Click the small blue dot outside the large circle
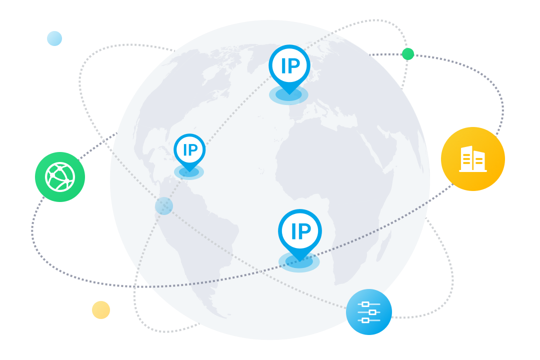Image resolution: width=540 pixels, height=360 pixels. pyautogui.click(x=54, y=38)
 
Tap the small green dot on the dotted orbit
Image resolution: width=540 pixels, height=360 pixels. pyautogui.click(x=408, y=54)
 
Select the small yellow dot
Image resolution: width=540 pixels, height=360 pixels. pyautogui.click(x=101, y=310)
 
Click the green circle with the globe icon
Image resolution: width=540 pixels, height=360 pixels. pyautogui.click(x=60, y=177)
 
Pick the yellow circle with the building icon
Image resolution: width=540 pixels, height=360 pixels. pyautogui.click(x=473, y=159)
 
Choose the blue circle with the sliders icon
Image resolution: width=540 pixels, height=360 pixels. pyautogui.click(x=369, y=312)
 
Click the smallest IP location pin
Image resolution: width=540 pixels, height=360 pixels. pyautogui.click(x=189, y=150)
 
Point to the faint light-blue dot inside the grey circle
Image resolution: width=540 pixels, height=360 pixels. pyautogui.click(x=164, y=206)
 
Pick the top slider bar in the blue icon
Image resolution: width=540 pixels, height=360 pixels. pyautogui.click(x=368, y=304)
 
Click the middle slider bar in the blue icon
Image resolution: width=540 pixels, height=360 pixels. pyautogui.click(x=369, y=312)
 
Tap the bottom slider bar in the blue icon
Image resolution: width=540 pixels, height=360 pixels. pyautogui.click(x=368, y=320)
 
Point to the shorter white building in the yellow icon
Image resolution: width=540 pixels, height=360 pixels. pyautogui.click(x=479, y=161)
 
